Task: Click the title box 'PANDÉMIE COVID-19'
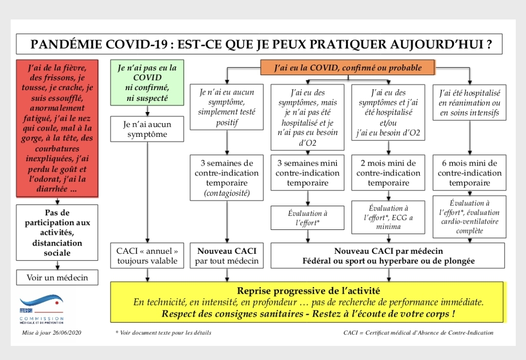pyautogui.click(x=259, y=44)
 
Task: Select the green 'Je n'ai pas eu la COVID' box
pyautogui.click(x=147, y=82)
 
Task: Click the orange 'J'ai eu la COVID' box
pyautogui.click(x=348, y=68)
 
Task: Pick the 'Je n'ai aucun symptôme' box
pyautogui.click(x=147, y=129)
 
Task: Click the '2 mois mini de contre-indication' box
pyautogui.click(x=388, y=173)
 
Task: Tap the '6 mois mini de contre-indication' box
pyautogui.click(x=470, y=173)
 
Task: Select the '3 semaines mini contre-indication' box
pyautogui.click(x=307, y=173)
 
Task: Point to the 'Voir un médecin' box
pyautogui.click(x=57, y=277)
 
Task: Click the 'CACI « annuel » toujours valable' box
pyautogui.click(x=147, y=256)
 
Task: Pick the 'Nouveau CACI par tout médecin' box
pyautogui.click(x=226, y=256)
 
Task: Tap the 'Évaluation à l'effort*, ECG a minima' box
pyautogui.click(x=388, y=217)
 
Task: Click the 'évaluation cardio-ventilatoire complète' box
pyautogui.click(x=470, y=217)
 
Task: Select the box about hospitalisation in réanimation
pyautogui.click(x=470, y=102)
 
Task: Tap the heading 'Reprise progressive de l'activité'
pyautogui.click(x=308, y=291)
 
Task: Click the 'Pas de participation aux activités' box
pyautogui.click(x=57, y=233)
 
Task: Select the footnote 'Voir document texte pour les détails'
pyautogui.click(x=164, y=333)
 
